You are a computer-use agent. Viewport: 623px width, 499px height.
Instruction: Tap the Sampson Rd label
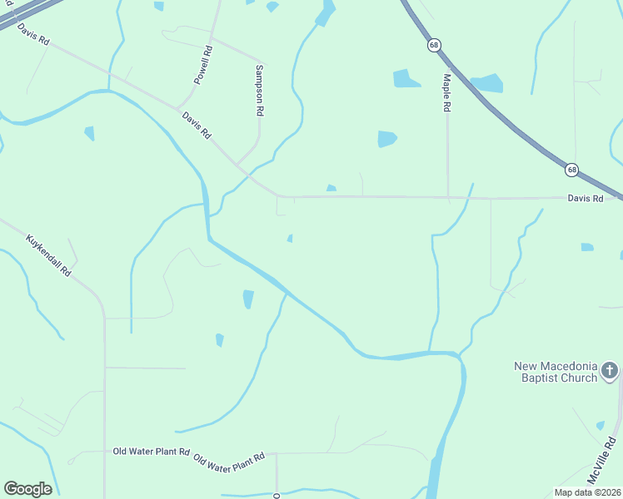260,90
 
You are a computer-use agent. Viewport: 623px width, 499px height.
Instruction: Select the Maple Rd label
447,92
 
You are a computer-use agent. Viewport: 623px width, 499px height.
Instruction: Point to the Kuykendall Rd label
49,255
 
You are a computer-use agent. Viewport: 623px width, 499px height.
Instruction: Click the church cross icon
610,370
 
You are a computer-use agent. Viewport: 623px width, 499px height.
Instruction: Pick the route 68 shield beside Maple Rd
434,45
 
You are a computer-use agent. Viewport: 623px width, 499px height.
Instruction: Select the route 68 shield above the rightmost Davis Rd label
571,170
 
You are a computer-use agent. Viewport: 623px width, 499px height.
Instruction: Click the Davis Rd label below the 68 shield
585,198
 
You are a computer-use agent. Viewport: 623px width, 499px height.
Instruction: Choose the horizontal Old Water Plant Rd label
152,452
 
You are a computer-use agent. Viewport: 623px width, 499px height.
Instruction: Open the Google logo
27,489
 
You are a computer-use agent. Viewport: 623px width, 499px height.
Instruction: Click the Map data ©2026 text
587,492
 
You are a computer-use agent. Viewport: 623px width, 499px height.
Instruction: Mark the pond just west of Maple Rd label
406,79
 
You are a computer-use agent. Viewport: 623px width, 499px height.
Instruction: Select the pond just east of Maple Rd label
487,83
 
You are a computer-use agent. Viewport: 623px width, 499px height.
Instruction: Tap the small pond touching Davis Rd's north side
331,189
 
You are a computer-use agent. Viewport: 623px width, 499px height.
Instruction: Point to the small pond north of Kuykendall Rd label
89,133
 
